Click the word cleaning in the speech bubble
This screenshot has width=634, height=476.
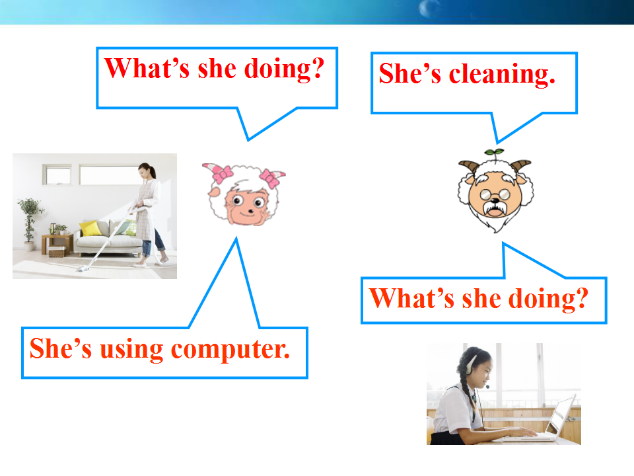[x=502, y=74]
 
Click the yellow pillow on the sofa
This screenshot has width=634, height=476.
[x=90, y=228]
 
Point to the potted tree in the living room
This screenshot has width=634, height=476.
[x=29, y=223]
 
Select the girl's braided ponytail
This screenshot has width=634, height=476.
[x=468, y=393]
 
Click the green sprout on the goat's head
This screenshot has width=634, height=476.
[x=494, y=152]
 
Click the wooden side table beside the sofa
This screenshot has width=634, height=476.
[x=57, y=244]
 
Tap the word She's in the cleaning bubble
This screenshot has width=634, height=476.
[x=410, y=73]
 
